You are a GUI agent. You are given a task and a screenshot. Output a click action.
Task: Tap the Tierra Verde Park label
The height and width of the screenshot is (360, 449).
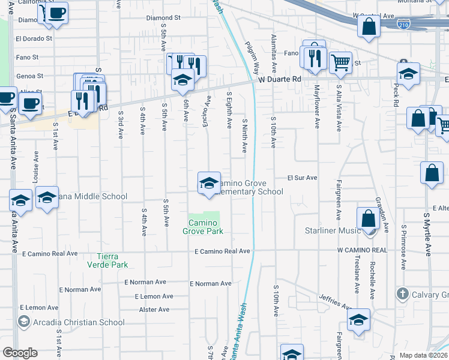[108, 260]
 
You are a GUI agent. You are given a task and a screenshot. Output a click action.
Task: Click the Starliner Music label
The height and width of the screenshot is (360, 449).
[333, 230]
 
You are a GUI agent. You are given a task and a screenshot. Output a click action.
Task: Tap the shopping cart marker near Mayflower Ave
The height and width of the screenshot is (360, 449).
[340, 62]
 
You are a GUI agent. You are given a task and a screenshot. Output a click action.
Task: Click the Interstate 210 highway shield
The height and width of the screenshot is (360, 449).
[405, 25]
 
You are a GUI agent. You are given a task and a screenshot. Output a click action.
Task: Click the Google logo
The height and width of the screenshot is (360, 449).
[19, 352]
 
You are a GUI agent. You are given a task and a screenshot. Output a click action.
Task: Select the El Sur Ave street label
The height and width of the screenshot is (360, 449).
[301, 178]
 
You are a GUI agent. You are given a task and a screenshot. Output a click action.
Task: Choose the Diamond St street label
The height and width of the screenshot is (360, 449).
[163, 18]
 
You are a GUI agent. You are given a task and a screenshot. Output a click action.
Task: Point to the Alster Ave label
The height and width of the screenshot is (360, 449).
[154, 310]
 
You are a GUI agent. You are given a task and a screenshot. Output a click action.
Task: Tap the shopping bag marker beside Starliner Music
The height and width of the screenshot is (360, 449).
[367, 218]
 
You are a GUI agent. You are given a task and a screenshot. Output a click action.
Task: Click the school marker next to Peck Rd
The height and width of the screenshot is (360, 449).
[409, 74]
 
